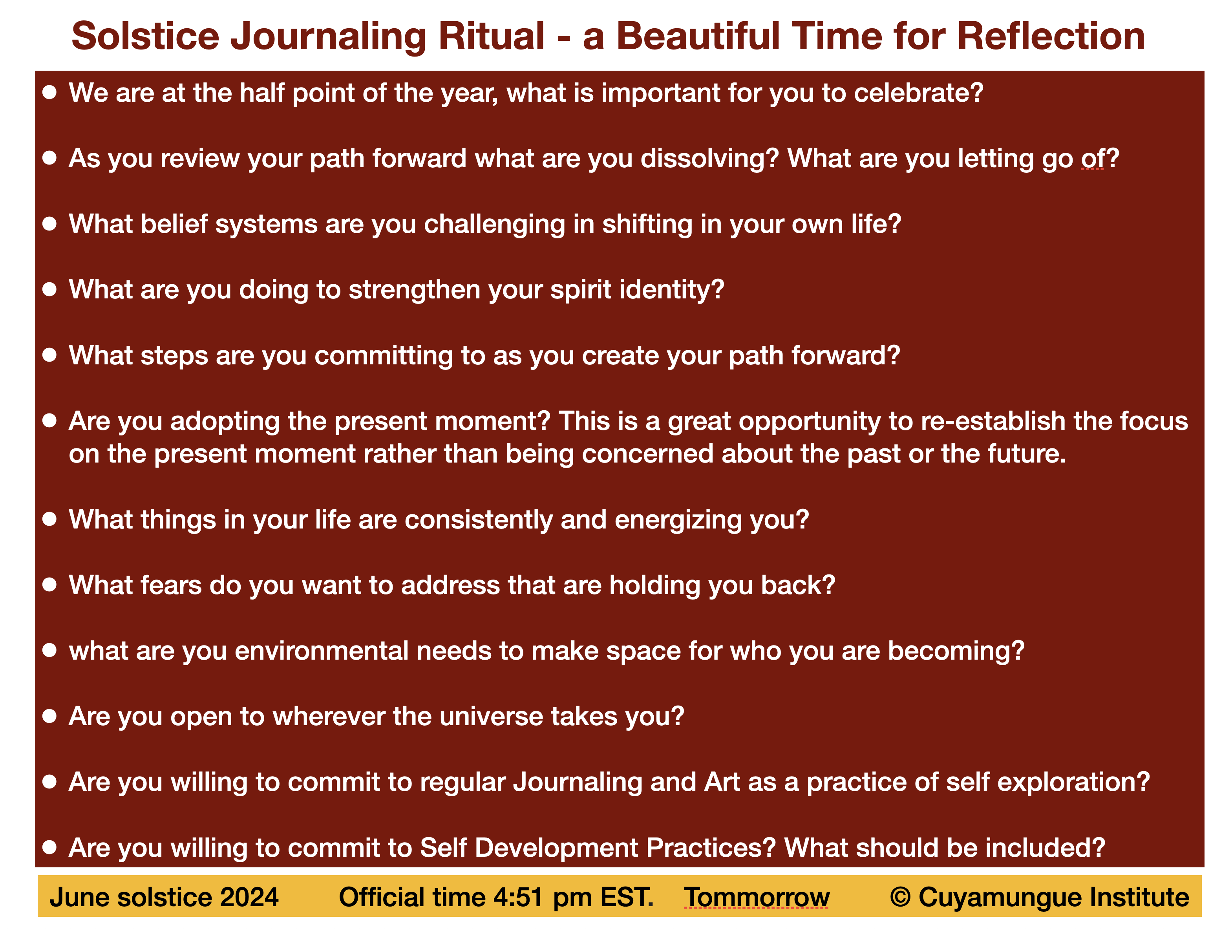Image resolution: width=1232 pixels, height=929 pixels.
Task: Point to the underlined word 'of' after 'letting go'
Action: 1093,159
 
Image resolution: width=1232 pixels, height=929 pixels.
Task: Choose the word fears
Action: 171,585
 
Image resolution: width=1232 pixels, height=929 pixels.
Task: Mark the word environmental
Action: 322,651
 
